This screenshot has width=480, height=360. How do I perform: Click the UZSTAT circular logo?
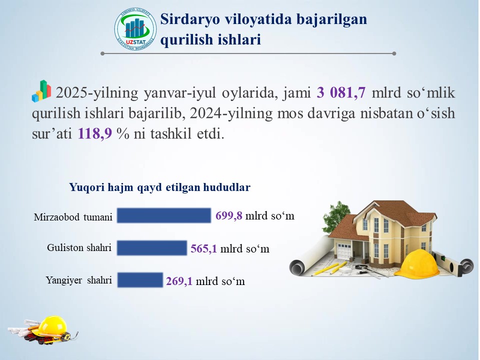coord(135,29)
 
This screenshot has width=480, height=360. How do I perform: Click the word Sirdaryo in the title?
coord(190,19)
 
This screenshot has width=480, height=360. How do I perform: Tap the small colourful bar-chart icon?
coord(41,91)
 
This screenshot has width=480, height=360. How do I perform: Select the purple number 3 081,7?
coord(341,92)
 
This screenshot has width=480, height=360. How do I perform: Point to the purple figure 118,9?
coord(95,133)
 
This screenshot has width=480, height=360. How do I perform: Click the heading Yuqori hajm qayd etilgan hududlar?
coord(160,187)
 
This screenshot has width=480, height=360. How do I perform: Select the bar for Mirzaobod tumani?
coord(164,215)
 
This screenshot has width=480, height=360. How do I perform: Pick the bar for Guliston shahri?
coord(152,248)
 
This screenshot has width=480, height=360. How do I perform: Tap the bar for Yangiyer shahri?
coord(140,280)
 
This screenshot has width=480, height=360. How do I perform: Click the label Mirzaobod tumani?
coord(73,217)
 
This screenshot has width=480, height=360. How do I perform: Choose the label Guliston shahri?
coord(79,247)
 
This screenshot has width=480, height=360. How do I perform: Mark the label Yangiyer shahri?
coord(79,280)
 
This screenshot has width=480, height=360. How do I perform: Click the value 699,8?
coord(229,215)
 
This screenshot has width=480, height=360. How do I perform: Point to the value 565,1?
coord(204,248)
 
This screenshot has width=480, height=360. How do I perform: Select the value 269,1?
coord(179,281)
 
